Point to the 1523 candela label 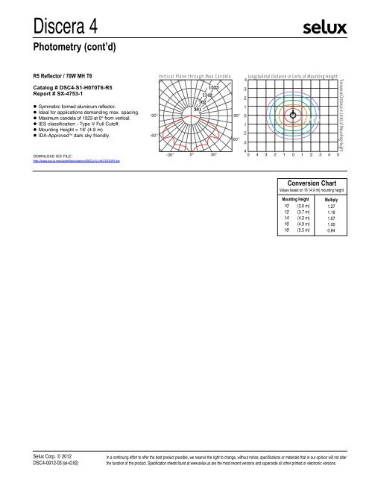pyautogui.click(x=213, y=88)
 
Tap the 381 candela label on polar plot pyautogui.click(x=198, y=110)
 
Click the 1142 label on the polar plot pyautogui.click(x=208, y=95)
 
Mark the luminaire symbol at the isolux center pyautogui.click(x=294, y=115)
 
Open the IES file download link pyautogui.click(x=71, y=160)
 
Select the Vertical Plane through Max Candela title pyautogui.click(x=195, y=77)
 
